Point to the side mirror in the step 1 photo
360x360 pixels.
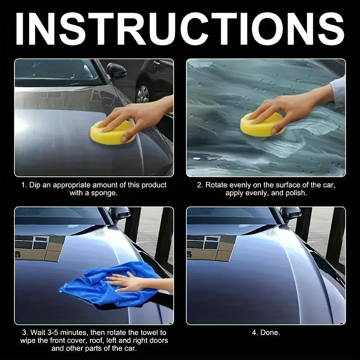(x=116, y=71)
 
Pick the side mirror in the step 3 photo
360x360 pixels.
(x=119, y=213)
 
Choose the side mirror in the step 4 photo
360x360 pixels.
(x=290, y=213)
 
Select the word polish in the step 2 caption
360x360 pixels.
(x=297, y=193)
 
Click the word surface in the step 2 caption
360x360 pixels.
(x=284, y=185)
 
